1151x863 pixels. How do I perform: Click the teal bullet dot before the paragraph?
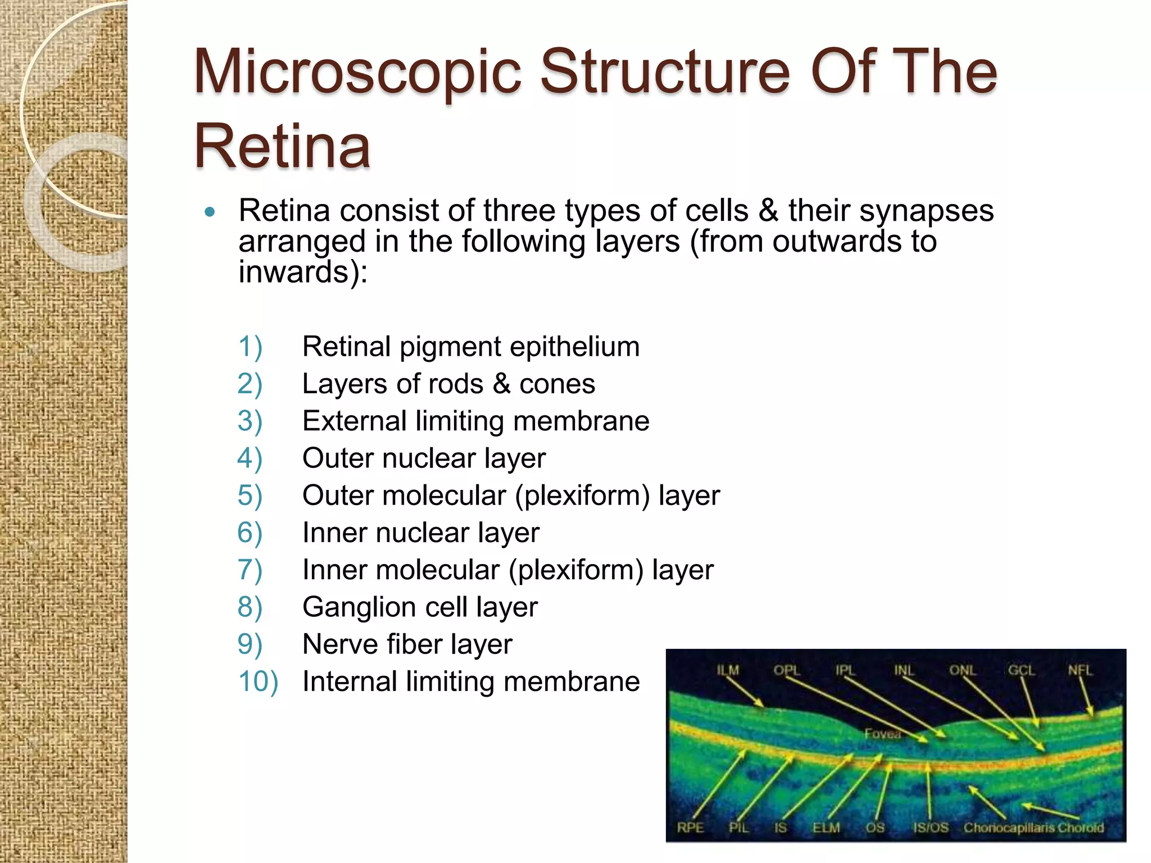210,212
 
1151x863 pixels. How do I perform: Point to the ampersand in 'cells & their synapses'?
768,211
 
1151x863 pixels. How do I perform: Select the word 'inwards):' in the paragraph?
303,272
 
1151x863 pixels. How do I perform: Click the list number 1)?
250,347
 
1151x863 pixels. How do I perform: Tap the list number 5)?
250,496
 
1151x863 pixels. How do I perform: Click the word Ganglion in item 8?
359,607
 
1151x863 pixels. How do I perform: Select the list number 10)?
258,682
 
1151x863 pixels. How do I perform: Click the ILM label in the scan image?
728,670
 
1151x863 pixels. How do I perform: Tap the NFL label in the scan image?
1080,670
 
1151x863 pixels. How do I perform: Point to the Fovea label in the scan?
882,734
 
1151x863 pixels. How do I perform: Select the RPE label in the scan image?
690,828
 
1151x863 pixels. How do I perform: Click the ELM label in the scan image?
826,828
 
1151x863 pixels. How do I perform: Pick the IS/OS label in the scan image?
931,828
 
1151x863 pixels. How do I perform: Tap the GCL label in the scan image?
1021,670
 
